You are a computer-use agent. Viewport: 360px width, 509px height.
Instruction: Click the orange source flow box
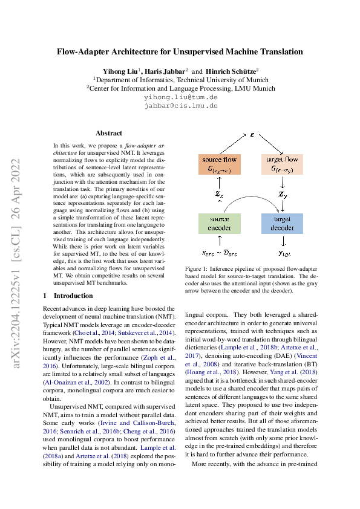219,164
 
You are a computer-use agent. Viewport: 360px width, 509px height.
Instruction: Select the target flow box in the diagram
282,164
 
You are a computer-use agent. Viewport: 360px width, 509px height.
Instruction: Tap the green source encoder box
219,222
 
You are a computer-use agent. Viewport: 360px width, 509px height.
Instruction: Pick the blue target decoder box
282,222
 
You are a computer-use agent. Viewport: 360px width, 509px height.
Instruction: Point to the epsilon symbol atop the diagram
251,134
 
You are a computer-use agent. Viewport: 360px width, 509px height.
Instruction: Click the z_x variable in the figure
219,194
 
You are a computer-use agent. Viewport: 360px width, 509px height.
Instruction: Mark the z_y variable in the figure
282,194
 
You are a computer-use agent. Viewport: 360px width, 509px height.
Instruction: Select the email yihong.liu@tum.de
180,97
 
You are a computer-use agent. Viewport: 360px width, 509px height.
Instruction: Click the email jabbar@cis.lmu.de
180,105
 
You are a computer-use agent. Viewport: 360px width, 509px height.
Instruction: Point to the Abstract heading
109,133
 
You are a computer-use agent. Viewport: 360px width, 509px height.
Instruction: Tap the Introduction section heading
73,296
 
